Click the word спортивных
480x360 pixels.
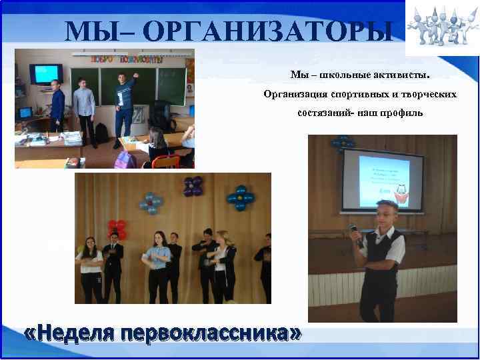(x=353, y=94)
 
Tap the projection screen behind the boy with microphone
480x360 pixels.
(x=383, y=179)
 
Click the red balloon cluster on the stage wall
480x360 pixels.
(x=117, y=229)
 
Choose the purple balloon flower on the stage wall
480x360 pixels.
(x=193, y=186)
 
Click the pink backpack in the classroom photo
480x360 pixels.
(x=124, y=159)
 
